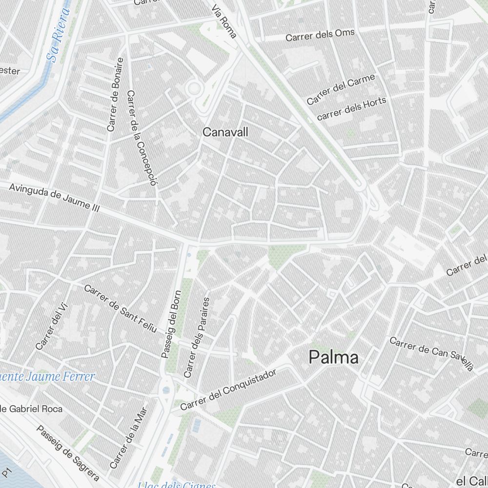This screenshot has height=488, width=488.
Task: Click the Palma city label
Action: coord(334,358)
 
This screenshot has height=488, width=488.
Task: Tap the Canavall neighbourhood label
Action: coord(225,132)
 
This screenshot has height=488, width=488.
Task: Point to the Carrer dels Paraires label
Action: coord(197,337)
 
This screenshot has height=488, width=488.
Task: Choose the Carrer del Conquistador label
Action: coord(228,389)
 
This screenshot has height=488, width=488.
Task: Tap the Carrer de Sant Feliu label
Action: coord(120,309)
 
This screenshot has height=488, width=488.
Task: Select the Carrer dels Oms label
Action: coord(320,35)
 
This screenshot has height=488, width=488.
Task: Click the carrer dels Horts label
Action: coord(351,109)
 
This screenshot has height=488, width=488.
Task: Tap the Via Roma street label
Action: coord(225,22)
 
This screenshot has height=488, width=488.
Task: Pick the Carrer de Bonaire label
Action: coord(115,95)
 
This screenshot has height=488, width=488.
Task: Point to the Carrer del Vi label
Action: coord(51,326)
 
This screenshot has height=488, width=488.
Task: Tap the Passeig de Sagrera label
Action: coord(68,453)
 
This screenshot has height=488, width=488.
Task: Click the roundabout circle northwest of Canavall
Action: coord(194,88)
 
